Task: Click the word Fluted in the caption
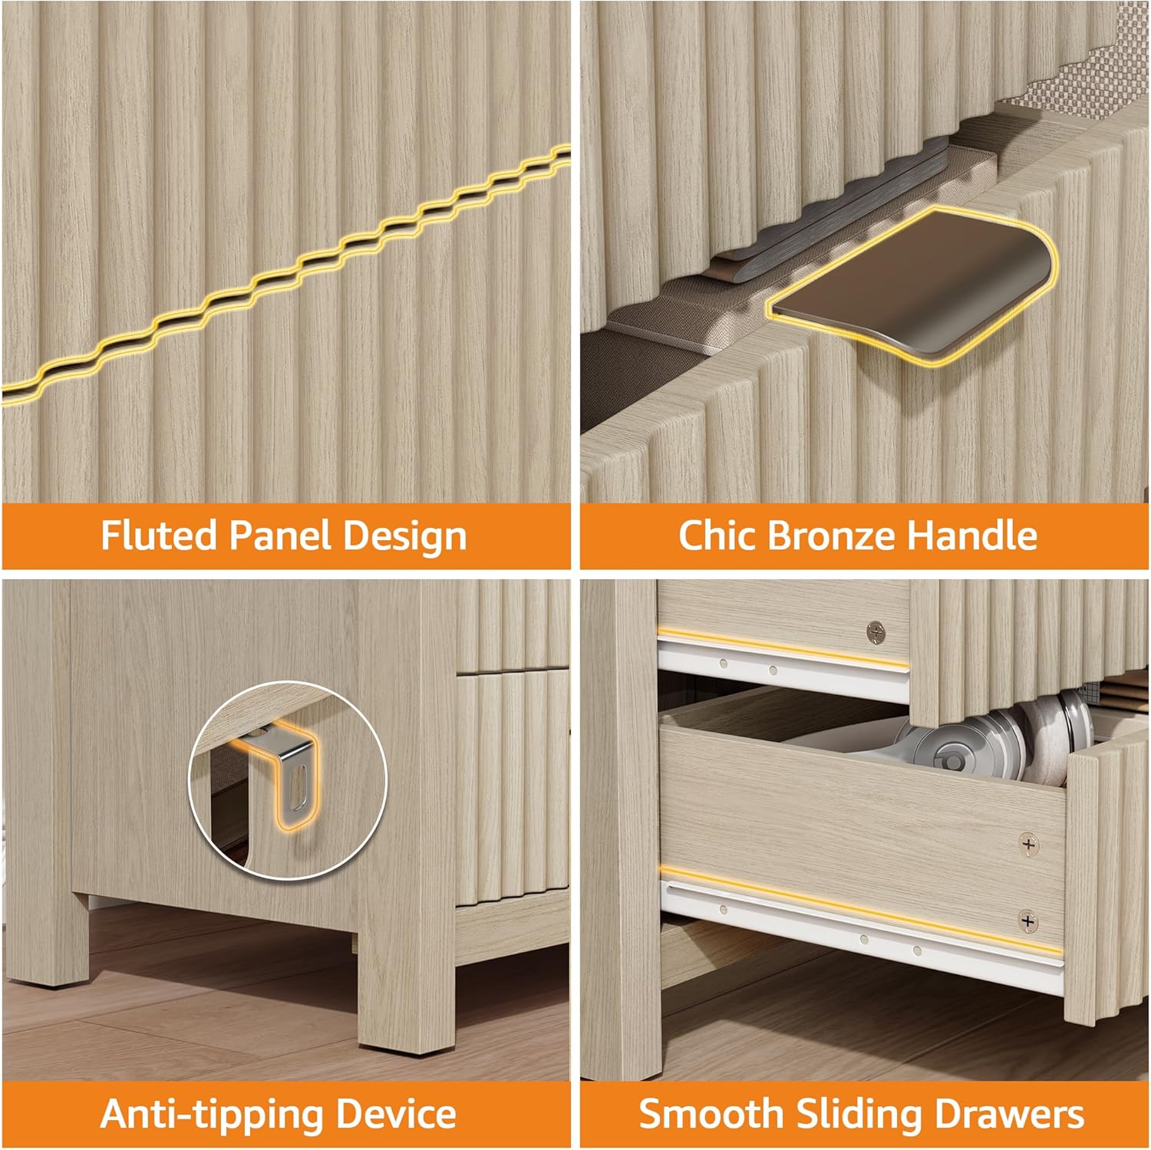point(159,535)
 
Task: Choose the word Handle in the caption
point(972,535)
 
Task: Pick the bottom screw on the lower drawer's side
point(1027,920)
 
